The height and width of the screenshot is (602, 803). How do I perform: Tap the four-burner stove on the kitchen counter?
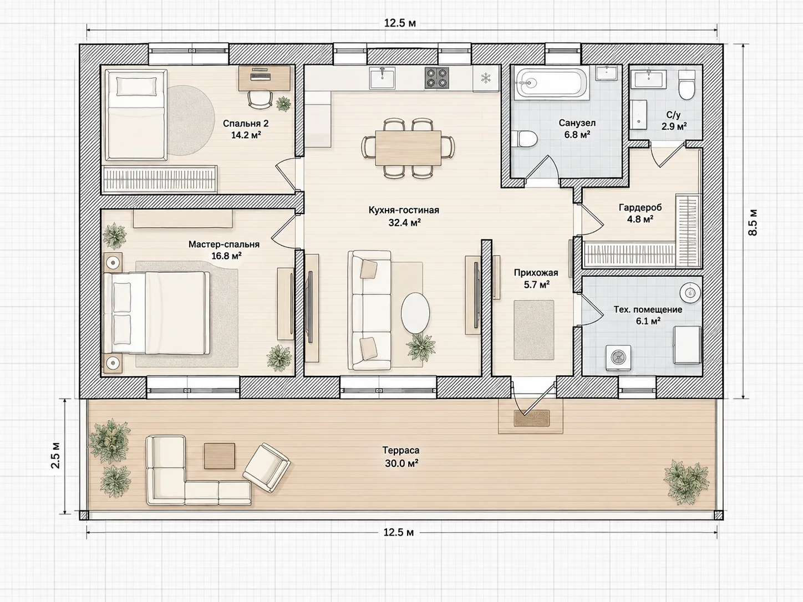[x=437, y=78]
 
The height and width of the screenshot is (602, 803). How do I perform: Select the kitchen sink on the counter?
[x=382, y=78]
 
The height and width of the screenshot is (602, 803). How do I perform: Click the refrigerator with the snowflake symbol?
[x=486, y=78]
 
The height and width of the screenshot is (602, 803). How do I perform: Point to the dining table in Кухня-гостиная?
[x=408, y=147]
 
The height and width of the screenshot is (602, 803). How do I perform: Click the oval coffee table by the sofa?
[x=415, y=313]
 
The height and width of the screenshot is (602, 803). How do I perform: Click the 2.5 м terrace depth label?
[x=55, y=456]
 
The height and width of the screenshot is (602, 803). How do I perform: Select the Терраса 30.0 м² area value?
[x=402, y=463]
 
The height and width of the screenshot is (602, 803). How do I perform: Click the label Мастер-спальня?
[x=224, y=244]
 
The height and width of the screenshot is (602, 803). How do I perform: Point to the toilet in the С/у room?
[x=686, y=85]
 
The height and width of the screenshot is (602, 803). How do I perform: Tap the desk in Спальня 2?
[x=267, y=78]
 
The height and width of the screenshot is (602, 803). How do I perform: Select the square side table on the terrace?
[x=220, y=456]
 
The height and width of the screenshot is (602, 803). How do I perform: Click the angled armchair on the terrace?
[x=267, y=468]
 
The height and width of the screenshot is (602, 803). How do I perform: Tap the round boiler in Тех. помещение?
[x=690, y=293]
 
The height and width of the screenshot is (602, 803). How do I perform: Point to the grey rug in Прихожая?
[x=533, y=330]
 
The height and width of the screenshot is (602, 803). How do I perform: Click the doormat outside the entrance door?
[x=532, y=418]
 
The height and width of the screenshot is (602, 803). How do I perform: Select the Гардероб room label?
[x=640, y=207]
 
